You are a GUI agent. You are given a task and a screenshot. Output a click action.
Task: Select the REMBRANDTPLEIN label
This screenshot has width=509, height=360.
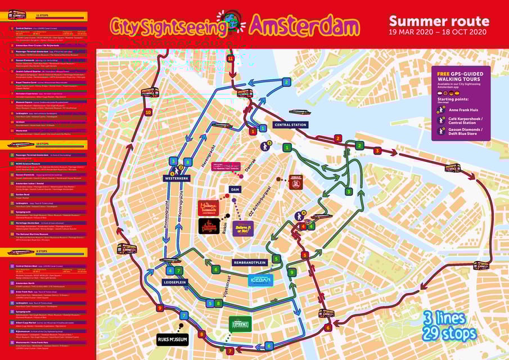point(249,262)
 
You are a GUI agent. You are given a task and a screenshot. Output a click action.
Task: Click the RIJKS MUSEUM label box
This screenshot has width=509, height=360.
point(172,339)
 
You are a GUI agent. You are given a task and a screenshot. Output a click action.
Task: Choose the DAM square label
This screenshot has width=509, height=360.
point(235,189)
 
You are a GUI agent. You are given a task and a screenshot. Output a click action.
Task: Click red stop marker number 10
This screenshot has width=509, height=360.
point(148,112)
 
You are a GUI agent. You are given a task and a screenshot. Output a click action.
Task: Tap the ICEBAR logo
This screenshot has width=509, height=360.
point(260,280)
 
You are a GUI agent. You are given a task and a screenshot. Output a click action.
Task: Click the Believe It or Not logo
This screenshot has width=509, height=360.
point(242,228)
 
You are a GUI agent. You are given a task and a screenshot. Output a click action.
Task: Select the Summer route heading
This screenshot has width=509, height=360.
point(439,21)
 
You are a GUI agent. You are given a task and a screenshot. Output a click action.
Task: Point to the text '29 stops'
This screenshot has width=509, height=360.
point(452,333)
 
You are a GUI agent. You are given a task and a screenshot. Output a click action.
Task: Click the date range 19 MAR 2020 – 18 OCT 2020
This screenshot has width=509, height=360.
point(439,32)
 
